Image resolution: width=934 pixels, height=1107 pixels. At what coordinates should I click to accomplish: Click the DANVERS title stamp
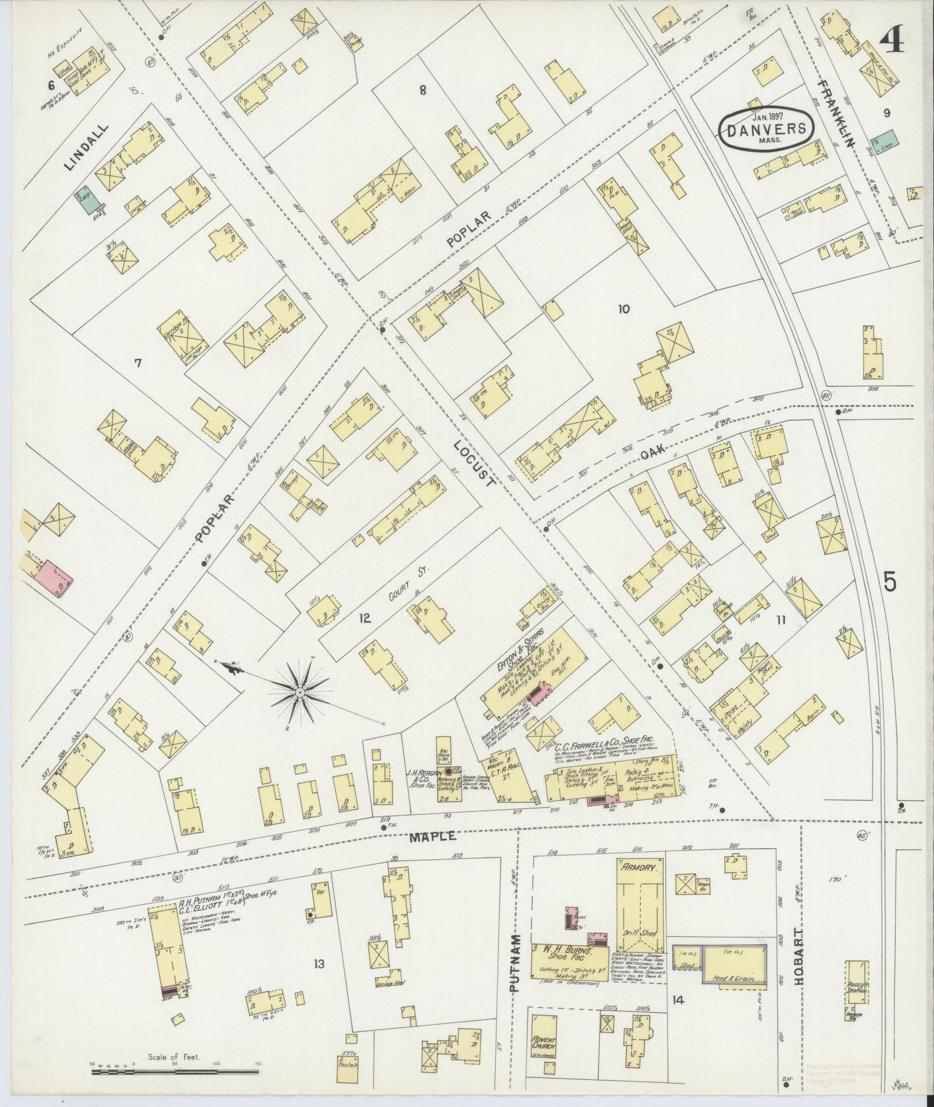click(766, 128)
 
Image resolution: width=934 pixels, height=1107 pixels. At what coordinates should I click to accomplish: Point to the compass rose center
click(300, 692)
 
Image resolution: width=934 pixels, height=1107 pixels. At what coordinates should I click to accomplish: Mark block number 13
click(318, 964)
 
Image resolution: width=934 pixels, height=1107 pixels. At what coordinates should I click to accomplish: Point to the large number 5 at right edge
click(890, 582)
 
